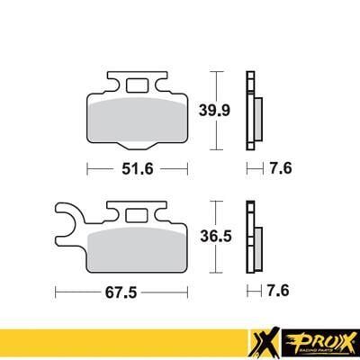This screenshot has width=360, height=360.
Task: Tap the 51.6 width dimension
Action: point(137,167)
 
